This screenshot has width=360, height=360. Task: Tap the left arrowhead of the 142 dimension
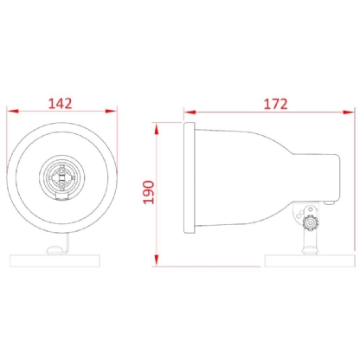point(10,112)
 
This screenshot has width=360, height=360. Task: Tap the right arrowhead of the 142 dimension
point(113,112)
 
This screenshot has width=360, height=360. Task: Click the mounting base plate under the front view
point(62,260)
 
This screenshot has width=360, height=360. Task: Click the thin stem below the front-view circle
point(62,244)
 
